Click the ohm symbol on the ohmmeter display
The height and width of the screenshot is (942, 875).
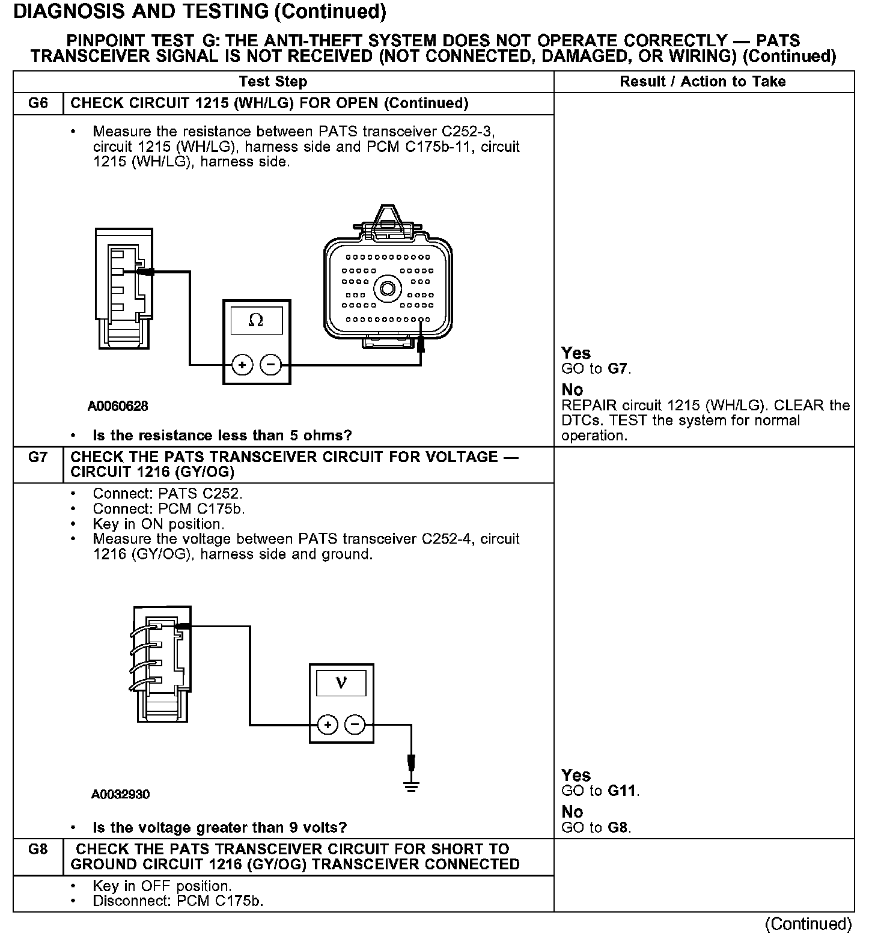point(255,321)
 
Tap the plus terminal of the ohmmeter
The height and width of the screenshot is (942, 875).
point(242,365)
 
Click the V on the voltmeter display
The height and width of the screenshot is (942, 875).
point(341,683)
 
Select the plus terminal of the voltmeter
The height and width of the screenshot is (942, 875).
point(328,725)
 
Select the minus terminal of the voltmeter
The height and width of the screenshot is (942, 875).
point(356,725)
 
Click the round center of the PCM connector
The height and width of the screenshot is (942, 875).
point(388,289)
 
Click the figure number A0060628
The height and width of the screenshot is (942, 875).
point(118,406)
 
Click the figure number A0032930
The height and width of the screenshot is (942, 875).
point(120,794)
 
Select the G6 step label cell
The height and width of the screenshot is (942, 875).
point(38,103)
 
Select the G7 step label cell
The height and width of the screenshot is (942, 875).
point(38,457)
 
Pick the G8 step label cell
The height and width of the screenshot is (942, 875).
point(38,849)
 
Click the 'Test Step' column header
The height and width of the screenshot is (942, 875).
point(273,82)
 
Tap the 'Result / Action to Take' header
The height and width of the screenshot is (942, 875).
point(703,82)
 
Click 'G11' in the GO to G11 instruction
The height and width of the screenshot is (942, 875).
point(621,791)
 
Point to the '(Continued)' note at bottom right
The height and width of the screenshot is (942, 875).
point(808,924)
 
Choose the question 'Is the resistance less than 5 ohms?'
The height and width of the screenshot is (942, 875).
point(222,435)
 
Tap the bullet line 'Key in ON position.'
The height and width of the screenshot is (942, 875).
point(158,524)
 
